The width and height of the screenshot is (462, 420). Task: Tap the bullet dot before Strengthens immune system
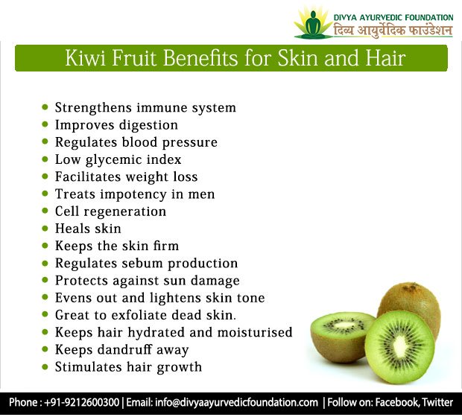(x=45, y=108)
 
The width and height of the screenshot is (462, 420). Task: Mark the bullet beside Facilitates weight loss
(x=45, y=177)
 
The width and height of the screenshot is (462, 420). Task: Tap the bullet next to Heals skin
(x=45, y=229)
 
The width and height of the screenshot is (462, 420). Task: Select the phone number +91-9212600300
(x=84, y=402)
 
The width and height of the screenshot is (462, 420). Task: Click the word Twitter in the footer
(x=437, y=402)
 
